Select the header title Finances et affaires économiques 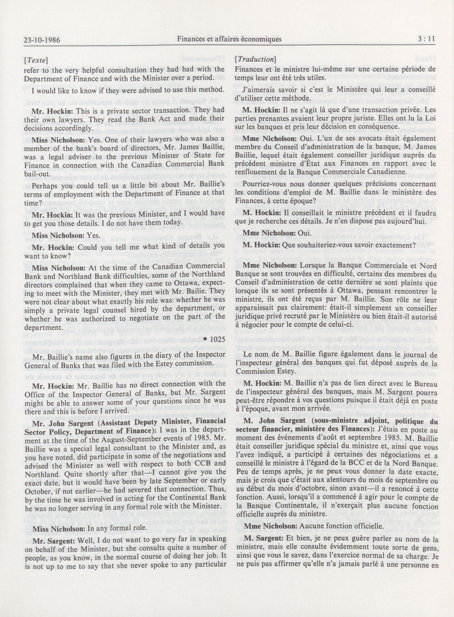point(229,39)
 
